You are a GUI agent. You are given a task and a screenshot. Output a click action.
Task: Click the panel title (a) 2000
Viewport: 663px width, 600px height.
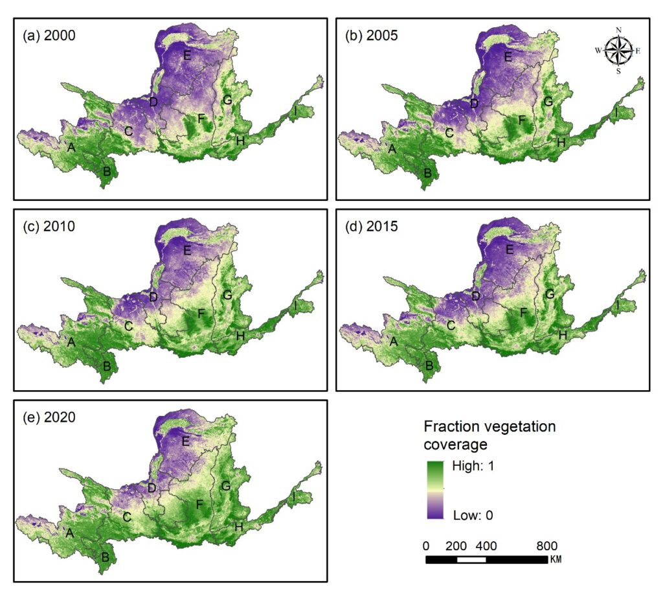49,35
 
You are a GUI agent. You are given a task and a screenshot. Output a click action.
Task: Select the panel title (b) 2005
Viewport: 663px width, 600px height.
371,35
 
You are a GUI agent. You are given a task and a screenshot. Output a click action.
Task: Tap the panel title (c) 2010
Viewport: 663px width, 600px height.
49,226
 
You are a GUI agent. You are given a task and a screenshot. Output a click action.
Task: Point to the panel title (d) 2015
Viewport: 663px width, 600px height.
371,226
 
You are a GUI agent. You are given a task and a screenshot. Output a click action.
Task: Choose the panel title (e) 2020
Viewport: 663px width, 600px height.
49,417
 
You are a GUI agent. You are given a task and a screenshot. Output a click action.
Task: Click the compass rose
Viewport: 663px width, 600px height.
618,51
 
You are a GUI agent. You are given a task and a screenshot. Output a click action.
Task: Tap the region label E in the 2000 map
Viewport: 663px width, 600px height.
187,55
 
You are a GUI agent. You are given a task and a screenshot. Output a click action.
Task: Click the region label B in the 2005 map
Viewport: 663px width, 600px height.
427,172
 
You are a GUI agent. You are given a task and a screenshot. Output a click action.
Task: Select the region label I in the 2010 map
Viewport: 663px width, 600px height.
295,305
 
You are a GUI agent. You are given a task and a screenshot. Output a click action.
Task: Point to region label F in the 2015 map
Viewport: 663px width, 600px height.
523,313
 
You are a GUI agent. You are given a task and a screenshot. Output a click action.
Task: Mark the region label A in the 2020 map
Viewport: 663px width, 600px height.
69,533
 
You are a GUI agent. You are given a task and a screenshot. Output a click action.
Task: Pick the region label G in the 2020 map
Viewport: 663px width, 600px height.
226,486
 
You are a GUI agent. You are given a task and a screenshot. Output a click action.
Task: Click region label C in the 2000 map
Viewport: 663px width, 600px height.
129,131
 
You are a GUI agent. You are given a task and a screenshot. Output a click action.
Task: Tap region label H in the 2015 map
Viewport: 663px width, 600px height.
563,335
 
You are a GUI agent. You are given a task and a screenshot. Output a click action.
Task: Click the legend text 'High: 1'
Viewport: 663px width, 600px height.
473,466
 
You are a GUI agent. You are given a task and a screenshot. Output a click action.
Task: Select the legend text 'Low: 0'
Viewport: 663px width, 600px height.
473,515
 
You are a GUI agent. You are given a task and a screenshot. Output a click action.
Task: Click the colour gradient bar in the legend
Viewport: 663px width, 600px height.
436,490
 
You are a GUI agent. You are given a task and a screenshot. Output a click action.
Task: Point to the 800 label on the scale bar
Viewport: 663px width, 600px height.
546,546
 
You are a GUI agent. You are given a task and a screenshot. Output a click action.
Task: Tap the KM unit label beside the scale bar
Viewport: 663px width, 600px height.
556,559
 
